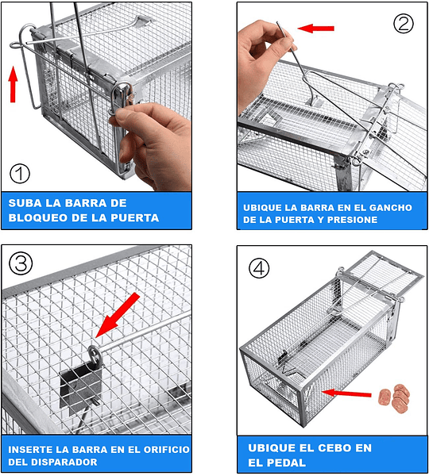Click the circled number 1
tap(20, 174)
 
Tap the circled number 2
tap(404, 23)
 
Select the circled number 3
tap(21, 263)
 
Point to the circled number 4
tap(259, 268)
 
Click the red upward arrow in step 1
tap(13, 84)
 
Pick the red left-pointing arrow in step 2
tap(315, 29)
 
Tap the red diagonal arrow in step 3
tap(118, 315)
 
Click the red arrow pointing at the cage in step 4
tap(346, 393)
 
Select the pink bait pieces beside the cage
tap(394, 397)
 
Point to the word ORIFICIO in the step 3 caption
tap(166, 450)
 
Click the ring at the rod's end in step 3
tap(95, 356)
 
